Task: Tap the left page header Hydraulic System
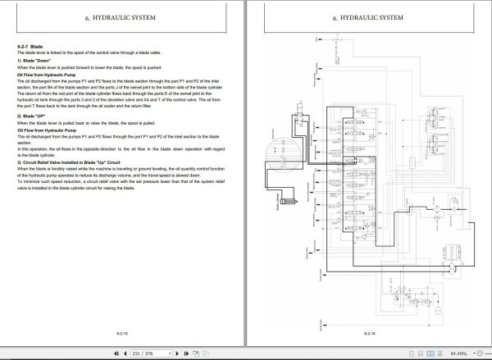124,16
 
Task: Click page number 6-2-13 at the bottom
123,335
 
